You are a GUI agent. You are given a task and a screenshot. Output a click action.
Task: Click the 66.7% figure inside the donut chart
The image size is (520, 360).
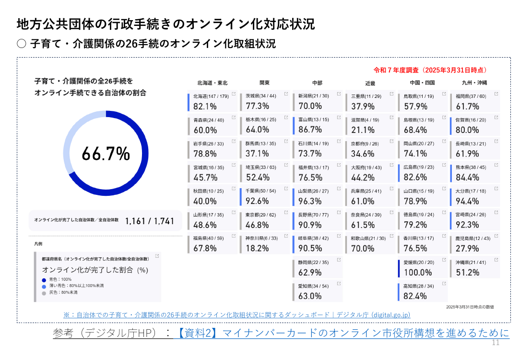pos(106,154)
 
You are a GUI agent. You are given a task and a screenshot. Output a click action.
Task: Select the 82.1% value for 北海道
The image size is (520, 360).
pos(205,107)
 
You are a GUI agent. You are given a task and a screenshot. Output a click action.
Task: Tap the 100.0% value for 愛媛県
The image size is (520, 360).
pos(418,273)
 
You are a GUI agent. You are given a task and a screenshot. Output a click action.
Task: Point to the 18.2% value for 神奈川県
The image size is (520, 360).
pos(257,249)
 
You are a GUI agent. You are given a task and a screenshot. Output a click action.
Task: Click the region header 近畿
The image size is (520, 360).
pos(370,84)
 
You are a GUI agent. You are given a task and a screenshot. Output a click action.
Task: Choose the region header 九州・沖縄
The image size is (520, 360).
pos(474,83)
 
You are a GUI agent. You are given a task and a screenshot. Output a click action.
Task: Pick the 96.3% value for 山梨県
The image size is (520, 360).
pos(310,201)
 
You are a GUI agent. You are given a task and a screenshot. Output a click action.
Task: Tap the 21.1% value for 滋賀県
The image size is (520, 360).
pos(363,130)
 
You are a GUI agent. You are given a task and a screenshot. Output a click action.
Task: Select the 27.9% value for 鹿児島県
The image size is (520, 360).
pos(467,249)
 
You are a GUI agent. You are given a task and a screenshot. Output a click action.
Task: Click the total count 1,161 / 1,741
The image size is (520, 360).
pos(150,221)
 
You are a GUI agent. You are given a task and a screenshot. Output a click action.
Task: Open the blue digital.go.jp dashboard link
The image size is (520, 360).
pos(237,315)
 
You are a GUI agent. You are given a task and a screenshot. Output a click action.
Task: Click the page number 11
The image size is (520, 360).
pos(496,343)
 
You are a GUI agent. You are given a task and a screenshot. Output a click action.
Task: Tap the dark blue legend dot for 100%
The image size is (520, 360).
pos(44,280)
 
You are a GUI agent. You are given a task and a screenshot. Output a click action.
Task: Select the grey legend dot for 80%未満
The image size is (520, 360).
pos(44,293)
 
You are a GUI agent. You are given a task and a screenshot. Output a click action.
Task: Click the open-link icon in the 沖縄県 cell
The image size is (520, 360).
pos(496,260)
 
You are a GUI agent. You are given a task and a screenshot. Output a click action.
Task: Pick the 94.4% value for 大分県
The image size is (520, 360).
pos(467,201)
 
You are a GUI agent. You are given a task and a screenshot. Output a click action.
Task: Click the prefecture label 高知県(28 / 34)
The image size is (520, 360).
pos(418,286)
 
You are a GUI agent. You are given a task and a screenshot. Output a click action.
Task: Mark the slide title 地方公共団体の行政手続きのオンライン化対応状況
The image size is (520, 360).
pos(165,24)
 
